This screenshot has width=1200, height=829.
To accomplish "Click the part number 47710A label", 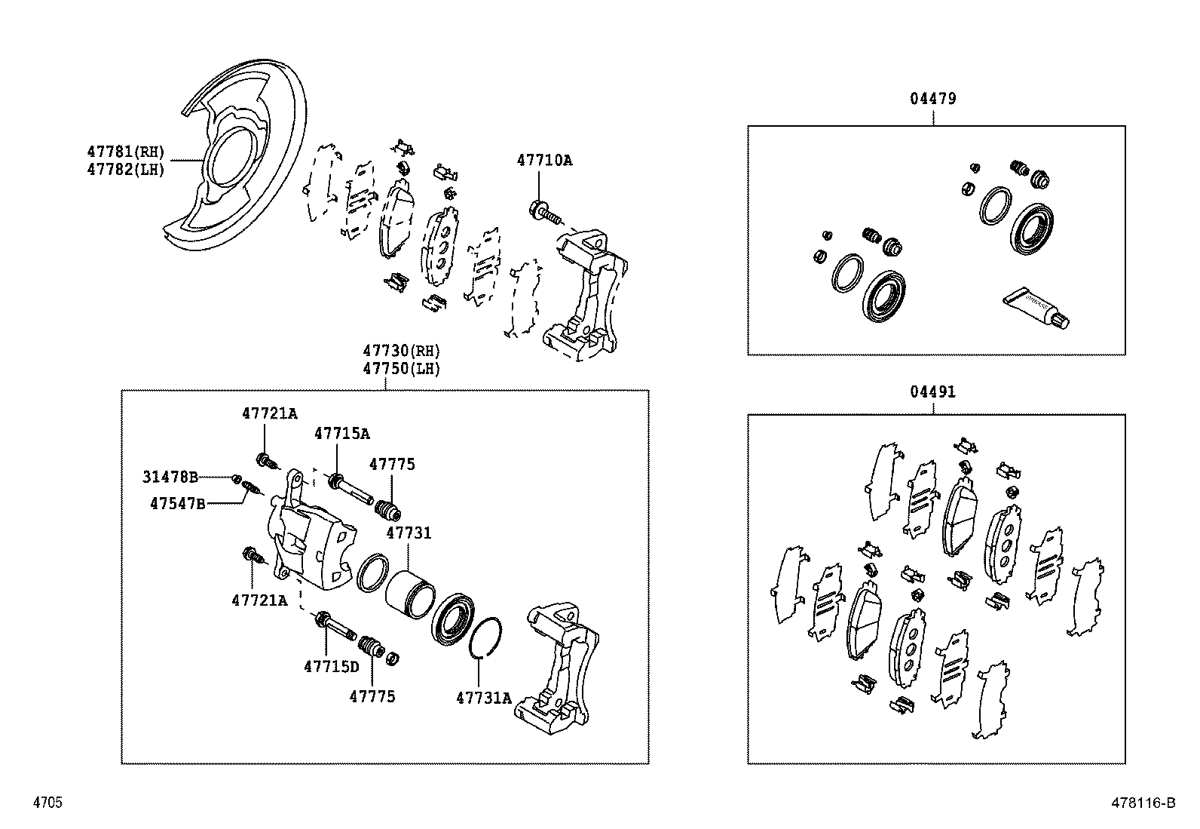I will [x=543, y=160].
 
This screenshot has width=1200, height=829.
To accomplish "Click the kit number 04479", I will [x=932, y=99].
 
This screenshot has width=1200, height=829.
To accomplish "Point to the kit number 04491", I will [x=932, y=392].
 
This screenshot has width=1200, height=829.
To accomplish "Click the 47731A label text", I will [x=483, y=699].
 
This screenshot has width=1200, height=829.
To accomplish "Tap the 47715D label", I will [x=332, y=667].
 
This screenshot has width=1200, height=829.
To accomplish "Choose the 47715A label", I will [x=342, y=434].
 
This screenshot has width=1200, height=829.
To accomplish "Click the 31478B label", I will [x=170, y=477].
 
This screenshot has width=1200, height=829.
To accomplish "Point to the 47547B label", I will [x=177, y=503].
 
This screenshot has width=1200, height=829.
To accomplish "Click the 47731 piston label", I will [x=409, y=533].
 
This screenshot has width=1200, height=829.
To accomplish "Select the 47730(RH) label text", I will [x=401, y=351].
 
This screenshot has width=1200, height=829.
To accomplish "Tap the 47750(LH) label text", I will [x=401, y=369].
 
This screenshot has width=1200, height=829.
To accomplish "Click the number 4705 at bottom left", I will [x=47, y=803].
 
